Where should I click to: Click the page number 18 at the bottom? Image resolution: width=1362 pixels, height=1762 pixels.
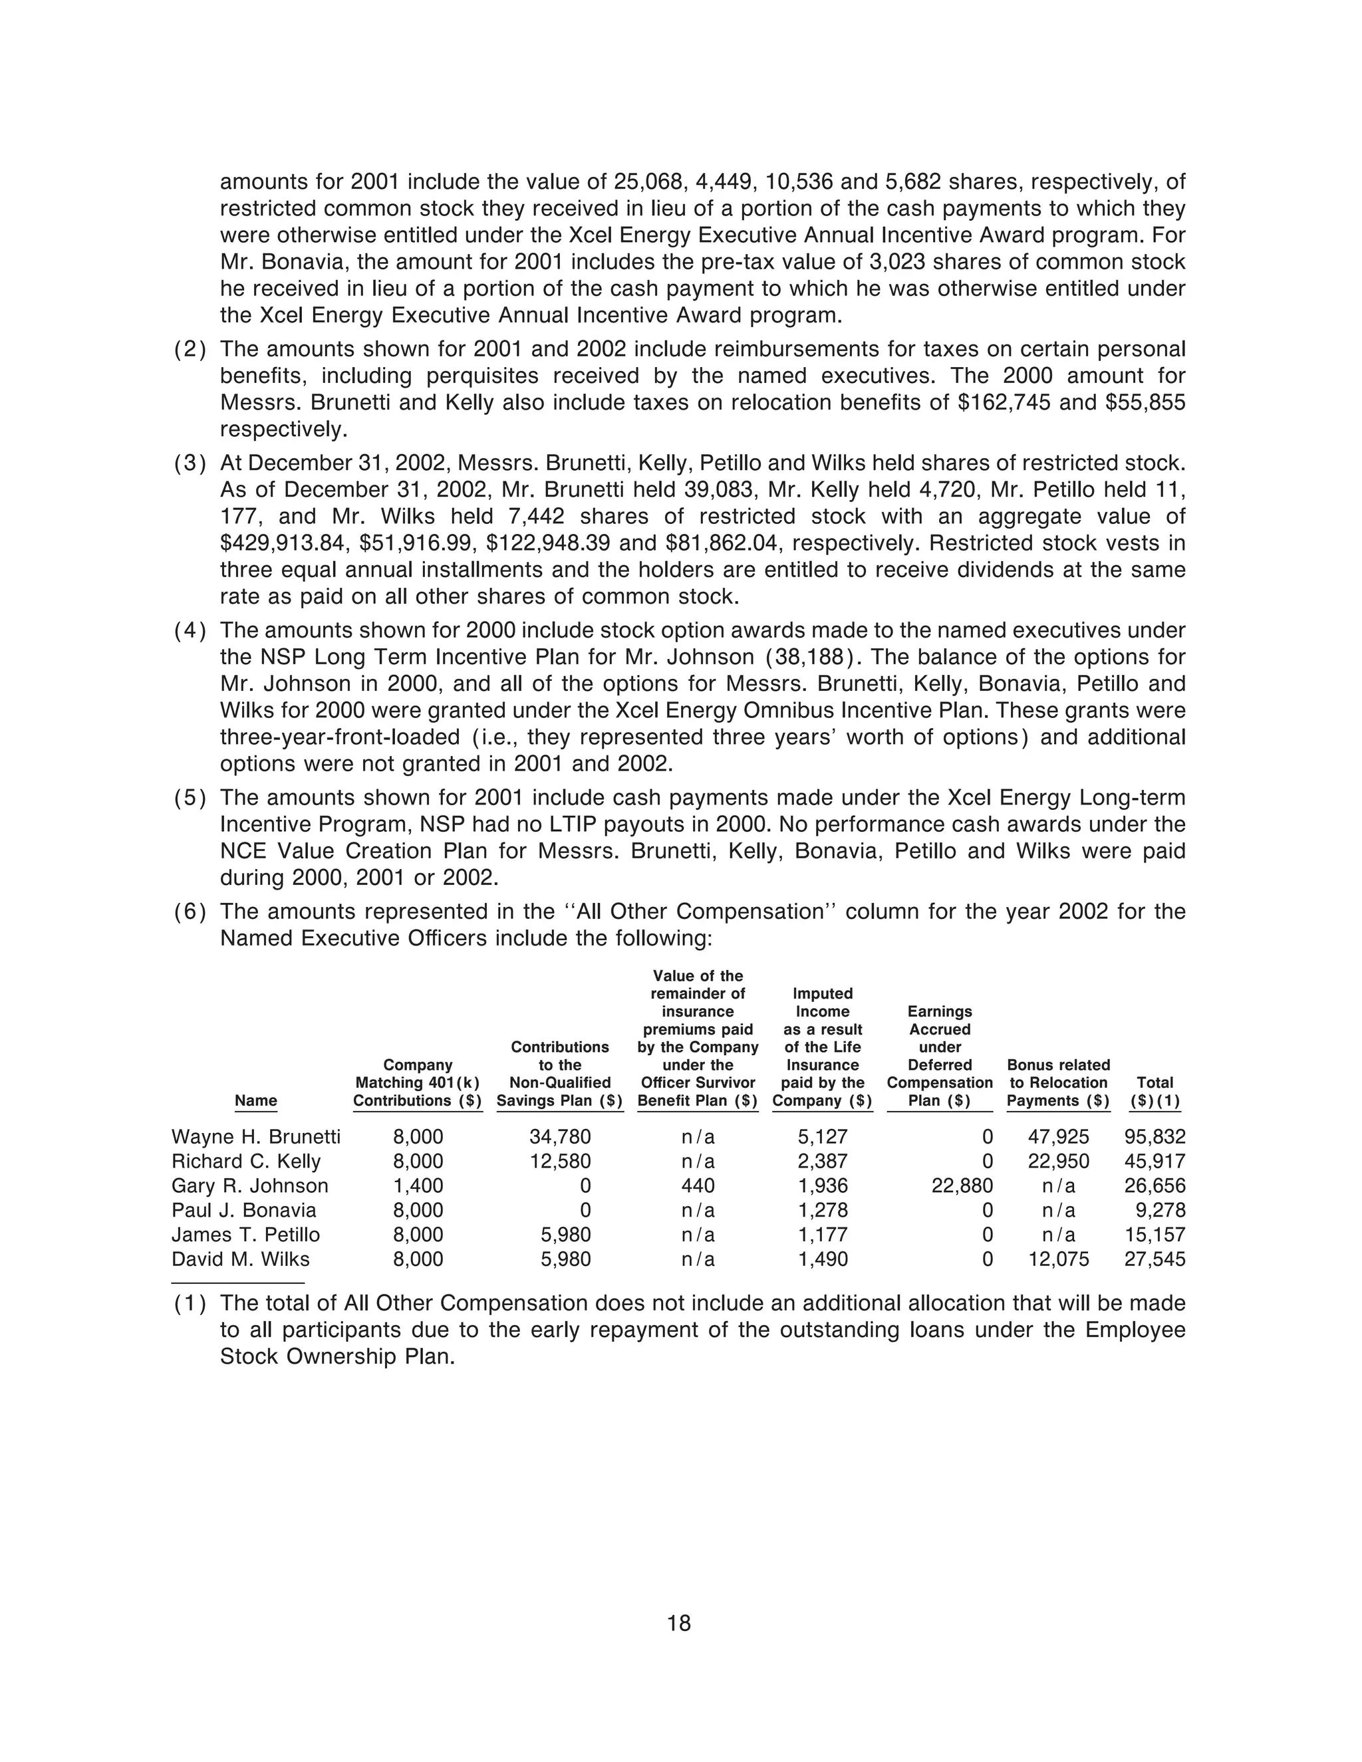[x=680, y=1622]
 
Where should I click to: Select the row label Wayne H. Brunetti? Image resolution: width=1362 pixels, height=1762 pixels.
[x=256, y=1137]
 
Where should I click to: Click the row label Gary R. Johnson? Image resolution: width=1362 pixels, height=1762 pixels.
[x=250, y=1186]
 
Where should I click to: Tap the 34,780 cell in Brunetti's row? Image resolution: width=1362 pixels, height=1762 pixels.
[x=560, y=1137]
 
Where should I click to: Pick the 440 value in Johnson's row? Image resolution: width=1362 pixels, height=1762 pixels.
[x=698, y=1186]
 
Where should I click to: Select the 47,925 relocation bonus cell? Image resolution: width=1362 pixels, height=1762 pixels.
[x=1059, y=1137]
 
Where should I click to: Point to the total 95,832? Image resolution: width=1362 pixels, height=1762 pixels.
[x=1155, y=1137]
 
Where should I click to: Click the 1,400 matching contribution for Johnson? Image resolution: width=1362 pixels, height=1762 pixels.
[x=418, y=1186]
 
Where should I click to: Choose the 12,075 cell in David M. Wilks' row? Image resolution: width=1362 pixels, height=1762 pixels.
[x=1059, y=1259]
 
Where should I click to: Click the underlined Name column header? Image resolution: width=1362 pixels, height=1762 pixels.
[x=256, y=1100]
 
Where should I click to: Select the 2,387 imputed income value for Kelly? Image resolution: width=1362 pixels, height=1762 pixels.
[x=823, y=1161]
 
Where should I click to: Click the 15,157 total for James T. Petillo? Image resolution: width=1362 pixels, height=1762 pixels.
[x=1155, y=1235]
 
